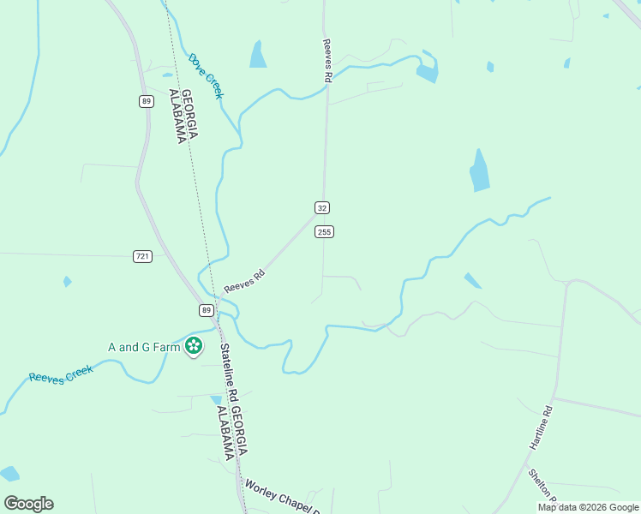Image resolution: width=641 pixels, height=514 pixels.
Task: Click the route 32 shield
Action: tap(321, 208)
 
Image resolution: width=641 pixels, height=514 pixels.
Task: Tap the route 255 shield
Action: tap(324, 232)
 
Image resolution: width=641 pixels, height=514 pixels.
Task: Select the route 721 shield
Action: tap(142, 256)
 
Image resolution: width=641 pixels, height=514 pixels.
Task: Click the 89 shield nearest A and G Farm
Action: tap(207, 309)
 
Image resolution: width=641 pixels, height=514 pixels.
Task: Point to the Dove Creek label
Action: tap(206, 75)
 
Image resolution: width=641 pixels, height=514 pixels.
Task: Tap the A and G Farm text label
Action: tap(144, 347)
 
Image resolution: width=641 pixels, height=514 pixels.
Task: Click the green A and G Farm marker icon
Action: tap(195, 346)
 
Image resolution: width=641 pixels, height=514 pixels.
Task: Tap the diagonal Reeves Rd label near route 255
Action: tap(245, 281)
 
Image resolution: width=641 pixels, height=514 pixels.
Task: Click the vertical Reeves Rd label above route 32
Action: tap(327, 60)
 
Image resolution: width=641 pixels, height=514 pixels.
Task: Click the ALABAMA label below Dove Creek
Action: tap(183, 117)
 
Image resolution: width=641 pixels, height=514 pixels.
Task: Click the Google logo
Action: tap(28, 504)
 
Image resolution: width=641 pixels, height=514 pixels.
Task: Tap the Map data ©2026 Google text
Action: tap(588, 507)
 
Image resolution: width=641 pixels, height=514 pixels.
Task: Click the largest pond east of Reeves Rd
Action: tap(479, 171)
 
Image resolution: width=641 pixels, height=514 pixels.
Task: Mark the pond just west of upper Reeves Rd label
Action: tap(257, 55)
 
